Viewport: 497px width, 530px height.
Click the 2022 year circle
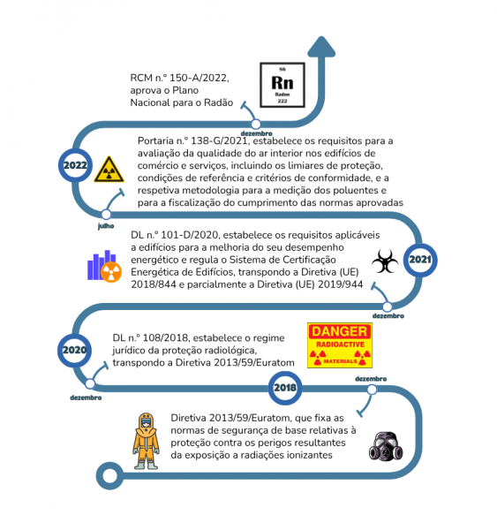[75, 165]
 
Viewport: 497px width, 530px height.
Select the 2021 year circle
[420, 260]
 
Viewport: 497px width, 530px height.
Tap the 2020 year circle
[74, 350]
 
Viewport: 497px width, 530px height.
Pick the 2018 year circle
[285, 388]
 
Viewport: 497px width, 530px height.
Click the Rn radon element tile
[282, 85]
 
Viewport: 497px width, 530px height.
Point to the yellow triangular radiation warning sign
[109, 170]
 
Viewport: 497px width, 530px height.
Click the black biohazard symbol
[385, 261]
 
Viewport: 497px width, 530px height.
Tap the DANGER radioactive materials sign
[340, 345]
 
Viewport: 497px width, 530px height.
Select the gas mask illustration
[386, 446]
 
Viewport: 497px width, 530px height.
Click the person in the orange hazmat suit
[146, 441]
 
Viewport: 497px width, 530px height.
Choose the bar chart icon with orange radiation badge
[104, 266]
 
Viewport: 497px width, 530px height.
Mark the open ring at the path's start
[109, 476]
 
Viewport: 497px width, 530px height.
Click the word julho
[106, 226]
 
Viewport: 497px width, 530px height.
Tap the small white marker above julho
[106, 215]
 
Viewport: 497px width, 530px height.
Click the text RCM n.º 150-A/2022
[179, 78]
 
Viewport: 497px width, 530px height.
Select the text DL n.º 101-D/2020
[176, 235]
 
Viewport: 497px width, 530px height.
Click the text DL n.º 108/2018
[150, 337]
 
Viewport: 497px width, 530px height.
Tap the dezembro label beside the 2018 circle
[371, 379]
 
